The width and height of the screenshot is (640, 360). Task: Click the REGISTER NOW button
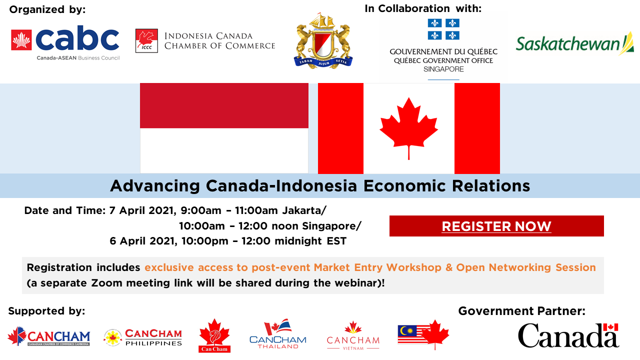(496, 226)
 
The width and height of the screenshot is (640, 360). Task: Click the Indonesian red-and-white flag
(224, 128)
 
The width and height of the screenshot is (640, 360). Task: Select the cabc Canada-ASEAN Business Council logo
(65, 43)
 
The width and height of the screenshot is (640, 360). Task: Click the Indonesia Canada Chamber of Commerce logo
(205, 41)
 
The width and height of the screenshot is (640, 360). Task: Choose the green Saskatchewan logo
(574, 44)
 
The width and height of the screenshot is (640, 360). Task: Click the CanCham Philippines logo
(143, 337)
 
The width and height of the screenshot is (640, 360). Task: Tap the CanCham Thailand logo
(278, 334)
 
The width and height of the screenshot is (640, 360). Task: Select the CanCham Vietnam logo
(353, 336)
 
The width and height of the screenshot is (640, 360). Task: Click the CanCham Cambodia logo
(49, 336)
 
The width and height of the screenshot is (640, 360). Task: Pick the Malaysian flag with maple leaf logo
(423, 333)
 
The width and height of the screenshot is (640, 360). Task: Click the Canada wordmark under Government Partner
(568, 335)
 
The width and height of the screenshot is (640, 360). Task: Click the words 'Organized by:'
(47, 9)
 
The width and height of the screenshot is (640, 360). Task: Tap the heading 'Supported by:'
(46, 311)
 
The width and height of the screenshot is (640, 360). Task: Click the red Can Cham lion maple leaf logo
(214, 335)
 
